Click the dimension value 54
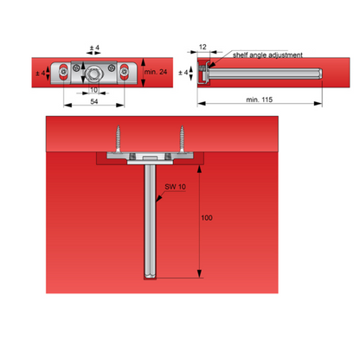click(94, 101)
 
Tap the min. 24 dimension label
click(156, 72)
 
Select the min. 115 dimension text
click(260, 100)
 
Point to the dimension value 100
click(207, 218)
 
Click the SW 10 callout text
click(175, 187)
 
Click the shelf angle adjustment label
click(267, 55)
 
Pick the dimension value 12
click(202, 47)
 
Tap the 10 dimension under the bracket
click(94, 90)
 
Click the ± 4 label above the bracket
click(94, 48)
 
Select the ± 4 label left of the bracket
click(41, 73)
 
